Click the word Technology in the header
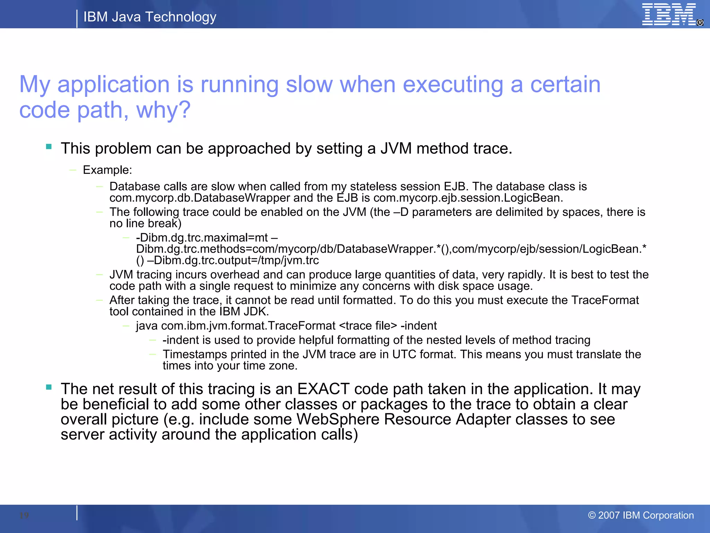click(181, 17)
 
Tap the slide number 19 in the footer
click(24, 515)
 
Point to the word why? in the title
click(163, 110)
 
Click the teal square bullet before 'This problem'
click(49, 147)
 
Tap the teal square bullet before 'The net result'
click(49, 387)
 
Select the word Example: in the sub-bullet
click(107, 170)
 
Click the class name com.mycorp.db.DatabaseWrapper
click(200, 198)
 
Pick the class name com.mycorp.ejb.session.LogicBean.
click(468, 198)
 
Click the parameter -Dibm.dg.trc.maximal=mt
click(202, 238)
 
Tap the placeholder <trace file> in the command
click(368, 326)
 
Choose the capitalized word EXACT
click(323, 389)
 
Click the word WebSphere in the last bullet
click(338, 419)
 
